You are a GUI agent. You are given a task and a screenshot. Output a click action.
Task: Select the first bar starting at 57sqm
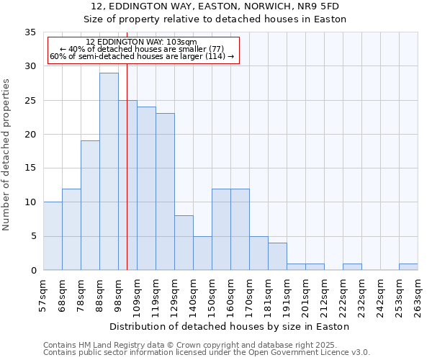[53, 236]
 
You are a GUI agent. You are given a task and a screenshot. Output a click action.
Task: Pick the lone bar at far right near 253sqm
[408, 266]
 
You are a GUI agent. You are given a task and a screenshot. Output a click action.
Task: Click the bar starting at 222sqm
[352, 266]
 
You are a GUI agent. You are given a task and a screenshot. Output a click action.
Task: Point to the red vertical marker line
[127, 180]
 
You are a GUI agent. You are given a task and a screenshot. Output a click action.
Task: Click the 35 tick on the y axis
[30, 32]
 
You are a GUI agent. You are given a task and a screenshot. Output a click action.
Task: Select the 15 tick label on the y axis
[30, 168]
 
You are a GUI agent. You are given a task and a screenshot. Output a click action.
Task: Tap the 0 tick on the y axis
[33, 271]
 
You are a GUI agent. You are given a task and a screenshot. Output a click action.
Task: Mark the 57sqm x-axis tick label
[45, 297]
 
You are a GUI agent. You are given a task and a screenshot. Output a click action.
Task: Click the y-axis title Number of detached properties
[7, 155]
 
